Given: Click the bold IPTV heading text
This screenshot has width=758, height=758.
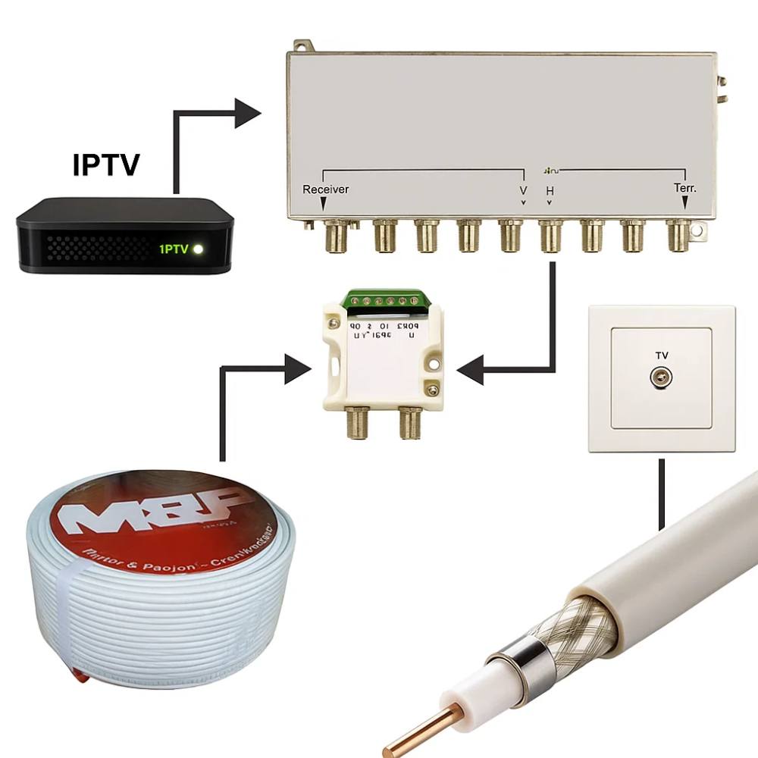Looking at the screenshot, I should click(106, 164).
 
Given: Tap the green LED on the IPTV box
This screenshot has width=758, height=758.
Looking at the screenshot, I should click(198, 249).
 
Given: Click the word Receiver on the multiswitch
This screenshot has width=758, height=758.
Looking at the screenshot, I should click(325, 189).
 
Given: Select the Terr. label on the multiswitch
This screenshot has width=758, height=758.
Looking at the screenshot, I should click(685, 188).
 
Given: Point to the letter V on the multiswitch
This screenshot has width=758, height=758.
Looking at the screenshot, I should click(523, 189).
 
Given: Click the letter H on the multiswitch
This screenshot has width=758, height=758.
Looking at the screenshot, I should click(550, 190).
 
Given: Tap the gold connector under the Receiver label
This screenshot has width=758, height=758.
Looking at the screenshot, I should click(334, 236).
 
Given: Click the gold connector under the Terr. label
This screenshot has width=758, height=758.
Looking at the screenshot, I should click(678, 236).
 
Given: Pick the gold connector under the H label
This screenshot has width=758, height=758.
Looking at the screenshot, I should click(551, 236).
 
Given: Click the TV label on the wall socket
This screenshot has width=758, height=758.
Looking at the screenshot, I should click(662, 355).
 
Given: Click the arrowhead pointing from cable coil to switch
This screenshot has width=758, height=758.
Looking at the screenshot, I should click(298, 371).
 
